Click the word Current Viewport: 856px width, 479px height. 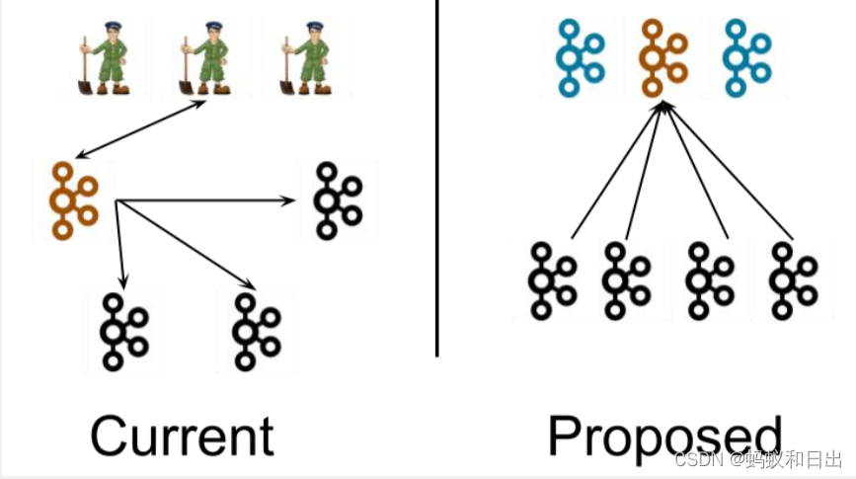point(182,436)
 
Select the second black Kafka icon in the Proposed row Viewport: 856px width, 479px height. point(626,280)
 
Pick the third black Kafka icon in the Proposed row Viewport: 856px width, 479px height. point(710,280)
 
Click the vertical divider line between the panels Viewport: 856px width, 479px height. point(437,178)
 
